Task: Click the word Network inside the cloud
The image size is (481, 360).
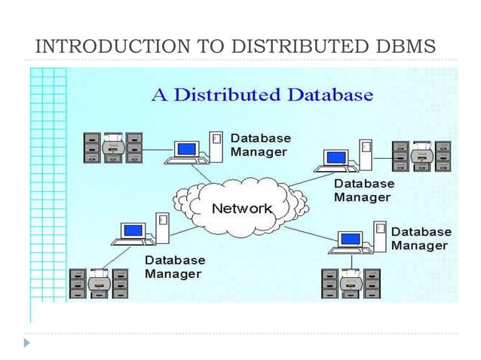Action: [241, 207]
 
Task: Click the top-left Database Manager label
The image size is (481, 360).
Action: [259, 145]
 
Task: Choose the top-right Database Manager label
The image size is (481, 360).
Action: [363, 190]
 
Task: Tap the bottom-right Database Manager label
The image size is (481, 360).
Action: [421, 239]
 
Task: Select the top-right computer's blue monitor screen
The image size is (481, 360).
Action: [335, 157]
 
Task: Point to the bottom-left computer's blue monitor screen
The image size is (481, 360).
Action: [133, 230]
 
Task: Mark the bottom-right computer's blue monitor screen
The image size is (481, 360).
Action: [350, 239]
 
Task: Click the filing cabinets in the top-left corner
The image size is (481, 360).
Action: [113, 148]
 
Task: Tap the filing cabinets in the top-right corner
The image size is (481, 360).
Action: [421, 156]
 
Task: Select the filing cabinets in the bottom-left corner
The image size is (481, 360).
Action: [98, 284]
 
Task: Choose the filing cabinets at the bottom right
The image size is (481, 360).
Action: [351, 284]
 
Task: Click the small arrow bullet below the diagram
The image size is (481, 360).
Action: [27, 342]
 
